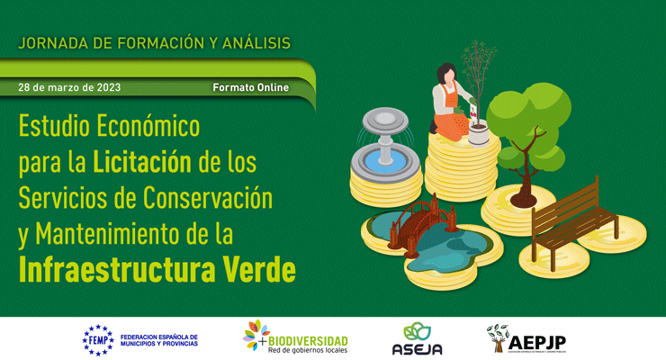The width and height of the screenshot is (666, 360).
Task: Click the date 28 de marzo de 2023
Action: click(x=69, y=87)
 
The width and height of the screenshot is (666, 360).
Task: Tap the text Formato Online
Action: click(x=251, y=87)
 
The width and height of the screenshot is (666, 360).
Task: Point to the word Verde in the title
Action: click(x=263, y=267)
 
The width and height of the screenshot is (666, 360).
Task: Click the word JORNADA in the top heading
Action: click(x=53, y=42)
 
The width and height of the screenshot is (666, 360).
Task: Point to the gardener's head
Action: click(x=445, y=73)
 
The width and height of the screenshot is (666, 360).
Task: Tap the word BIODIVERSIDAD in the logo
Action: click(x=309, y=338)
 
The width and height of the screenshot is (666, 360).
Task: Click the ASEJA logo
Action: click(x=417, y=338)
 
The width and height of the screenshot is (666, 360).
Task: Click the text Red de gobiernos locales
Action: click(x=307, y=350)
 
